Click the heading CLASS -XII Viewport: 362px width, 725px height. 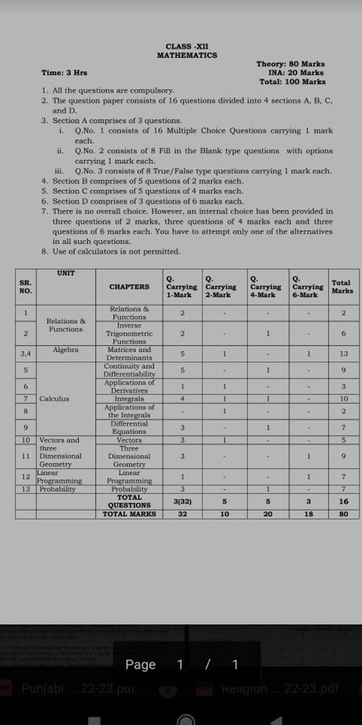tap(187, 46)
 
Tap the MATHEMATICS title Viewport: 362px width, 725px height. tap(187, 55)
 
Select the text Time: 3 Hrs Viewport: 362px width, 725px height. tap(64, 73)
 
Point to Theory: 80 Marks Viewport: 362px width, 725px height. tap(290, 64)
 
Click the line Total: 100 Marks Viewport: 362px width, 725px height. tap(292, 82)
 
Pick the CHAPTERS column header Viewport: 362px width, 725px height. tap(129, 287)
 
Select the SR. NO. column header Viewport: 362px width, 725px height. tap(25, 287)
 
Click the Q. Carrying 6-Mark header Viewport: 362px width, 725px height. tap(308, 287)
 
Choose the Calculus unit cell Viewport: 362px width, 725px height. tap(54, 399)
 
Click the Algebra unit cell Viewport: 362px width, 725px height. tap(66, 349)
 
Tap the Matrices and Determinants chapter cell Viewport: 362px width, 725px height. tap(129, 353)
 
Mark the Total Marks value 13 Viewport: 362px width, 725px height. tap(344, 354)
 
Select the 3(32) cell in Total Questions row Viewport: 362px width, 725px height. tap(182, 501)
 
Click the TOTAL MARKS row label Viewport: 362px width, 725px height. tap(129, 514)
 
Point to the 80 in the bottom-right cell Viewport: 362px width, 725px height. tap(344, 514)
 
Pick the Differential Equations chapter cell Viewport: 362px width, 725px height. tap(129, 427)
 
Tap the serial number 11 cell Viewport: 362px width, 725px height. tap(25, 456)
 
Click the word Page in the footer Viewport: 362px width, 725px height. tap(140, 665)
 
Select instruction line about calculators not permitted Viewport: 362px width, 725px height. tap(116, 252)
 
